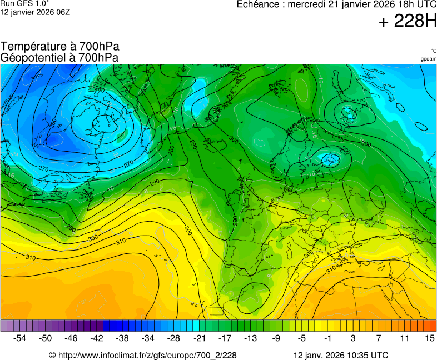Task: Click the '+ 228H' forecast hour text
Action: click(x=408, y=22)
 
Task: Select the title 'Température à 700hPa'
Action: click(x=60, y=47)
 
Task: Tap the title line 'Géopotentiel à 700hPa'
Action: click(x=59, y=57)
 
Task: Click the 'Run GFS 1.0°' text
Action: click(x=25, y=4)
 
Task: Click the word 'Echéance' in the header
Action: click(x=259, y=4)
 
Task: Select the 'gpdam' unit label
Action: click(x=428, y=59)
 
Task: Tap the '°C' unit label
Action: click(x=433, y=51)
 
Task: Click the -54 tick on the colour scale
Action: click(x=20, y=338)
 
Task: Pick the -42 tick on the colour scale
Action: click(x=97, y=338)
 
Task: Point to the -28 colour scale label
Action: click(x=173, y=338)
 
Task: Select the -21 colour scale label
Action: click(x=199, y=338)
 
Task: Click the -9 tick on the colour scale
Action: click(x=276, y=338)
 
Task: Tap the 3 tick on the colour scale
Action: click(x=352, y=338)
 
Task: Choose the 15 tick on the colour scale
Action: click(x=429, y=338)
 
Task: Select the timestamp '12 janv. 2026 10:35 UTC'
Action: click(x=341, y=355)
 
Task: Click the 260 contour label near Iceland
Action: click(x=100, y=90)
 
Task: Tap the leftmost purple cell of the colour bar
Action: click(x=4, y=326)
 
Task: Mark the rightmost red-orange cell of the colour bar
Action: click(x=433, y=326)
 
